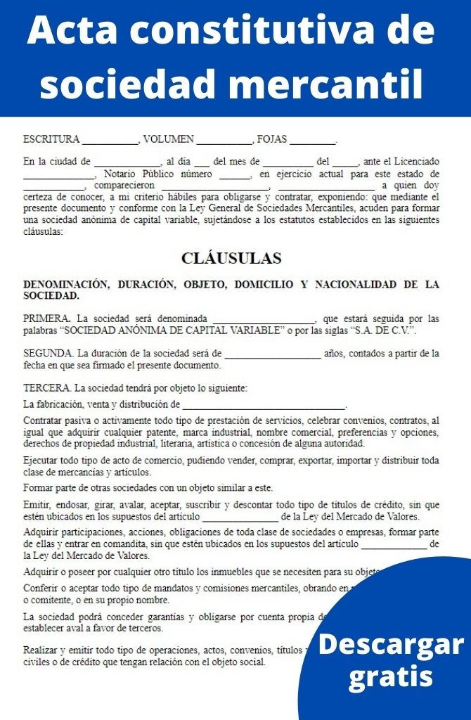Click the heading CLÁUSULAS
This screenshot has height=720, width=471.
click(231, 258)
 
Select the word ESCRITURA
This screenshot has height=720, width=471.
click(51, 139)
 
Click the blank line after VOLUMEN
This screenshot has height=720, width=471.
click(224, 140)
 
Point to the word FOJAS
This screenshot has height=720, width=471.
click(272, 139)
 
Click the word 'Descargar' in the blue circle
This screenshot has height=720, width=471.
click(391, 644)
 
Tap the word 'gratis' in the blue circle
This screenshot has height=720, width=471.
click(391, 676)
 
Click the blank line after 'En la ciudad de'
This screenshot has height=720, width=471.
click(127, 162)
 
